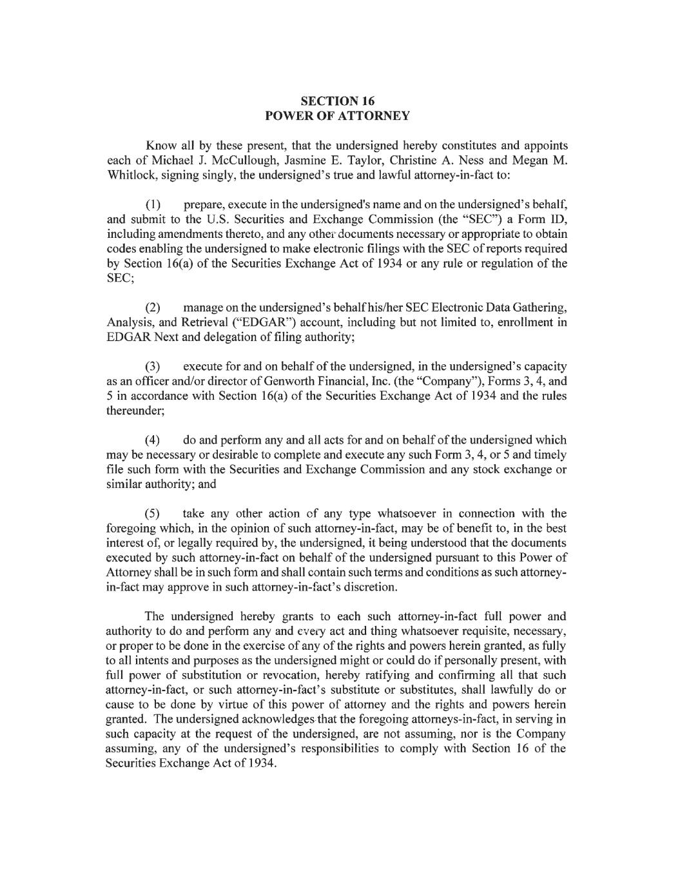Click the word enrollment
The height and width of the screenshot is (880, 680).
[526, 322]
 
